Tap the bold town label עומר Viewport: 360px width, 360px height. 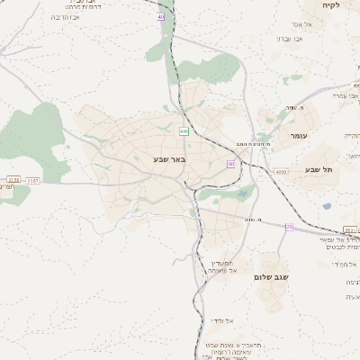[298, 136]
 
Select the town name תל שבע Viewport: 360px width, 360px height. [319, 170]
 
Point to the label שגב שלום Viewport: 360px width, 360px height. [271, 277]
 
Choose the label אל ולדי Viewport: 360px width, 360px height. [221, 320]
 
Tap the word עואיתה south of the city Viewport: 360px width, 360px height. [221, 270]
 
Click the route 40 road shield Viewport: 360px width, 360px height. [161, 16]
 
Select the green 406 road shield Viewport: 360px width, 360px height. [184, 131]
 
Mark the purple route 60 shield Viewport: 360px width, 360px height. [230, 164]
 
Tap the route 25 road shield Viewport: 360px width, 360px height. [289, 227]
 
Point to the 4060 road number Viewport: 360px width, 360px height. [281, 171]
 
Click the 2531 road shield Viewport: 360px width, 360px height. [349, 230]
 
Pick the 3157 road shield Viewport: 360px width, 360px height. [33, 181]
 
